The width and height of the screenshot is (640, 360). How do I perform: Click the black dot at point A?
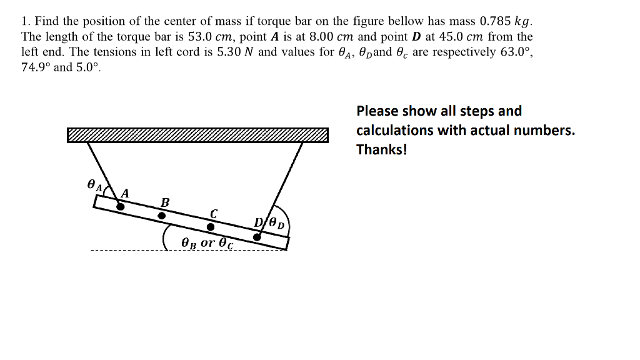(x=121, y=206)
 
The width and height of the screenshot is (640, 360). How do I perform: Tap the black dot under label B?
(x=161, y=216)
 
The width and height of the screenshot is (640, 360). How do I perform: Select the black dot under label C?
(x=211, y=226)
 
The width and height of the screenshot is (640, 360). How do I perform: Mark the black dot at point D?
(x=257, y=237)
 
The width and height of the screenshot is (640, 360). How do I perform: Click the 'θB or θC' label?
(x=206, y=242)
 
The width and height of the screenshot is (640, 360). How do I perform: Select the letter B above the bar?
(x=165, y=202)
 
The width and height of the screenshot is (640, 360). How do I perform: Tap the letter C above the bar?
(x=213, y=212)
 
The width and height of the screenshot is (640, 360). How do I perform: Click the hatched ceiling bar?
(x=197, y=135)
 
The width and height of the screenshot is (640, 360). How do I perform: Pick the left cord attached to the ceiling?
(x=99, y=166)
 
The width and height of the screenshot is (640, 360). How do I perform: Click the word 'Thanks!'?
(x=381, y=150)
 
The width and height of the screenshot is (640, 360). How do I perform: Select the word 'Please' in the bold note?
(x=377, y=111)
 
